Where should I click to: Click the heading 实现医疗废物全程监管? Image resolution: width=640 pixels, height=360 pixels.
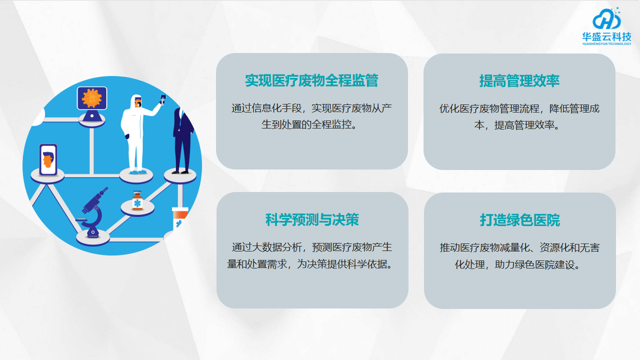point(311,80)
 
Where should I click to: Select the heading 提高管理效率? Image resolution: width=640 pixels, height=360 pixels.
point(519,80)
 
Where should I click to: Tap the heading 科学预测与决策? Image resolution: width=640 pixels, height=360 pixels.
point(311,219)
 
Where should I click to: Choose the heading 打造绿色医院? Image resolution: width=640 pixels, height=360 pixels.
point(519,219)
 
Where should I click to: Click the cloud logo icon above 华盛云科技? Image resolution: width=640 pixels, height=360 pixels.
point(606,19)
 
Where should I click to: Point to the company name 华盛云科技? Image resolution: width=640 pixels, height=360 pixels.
point(606,36)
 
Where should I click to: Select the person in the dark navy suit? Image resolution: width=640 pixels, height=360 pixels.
point(181,130)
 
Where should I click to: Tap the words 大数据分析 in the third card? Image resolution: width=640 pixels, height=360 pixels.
point(285,246)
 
